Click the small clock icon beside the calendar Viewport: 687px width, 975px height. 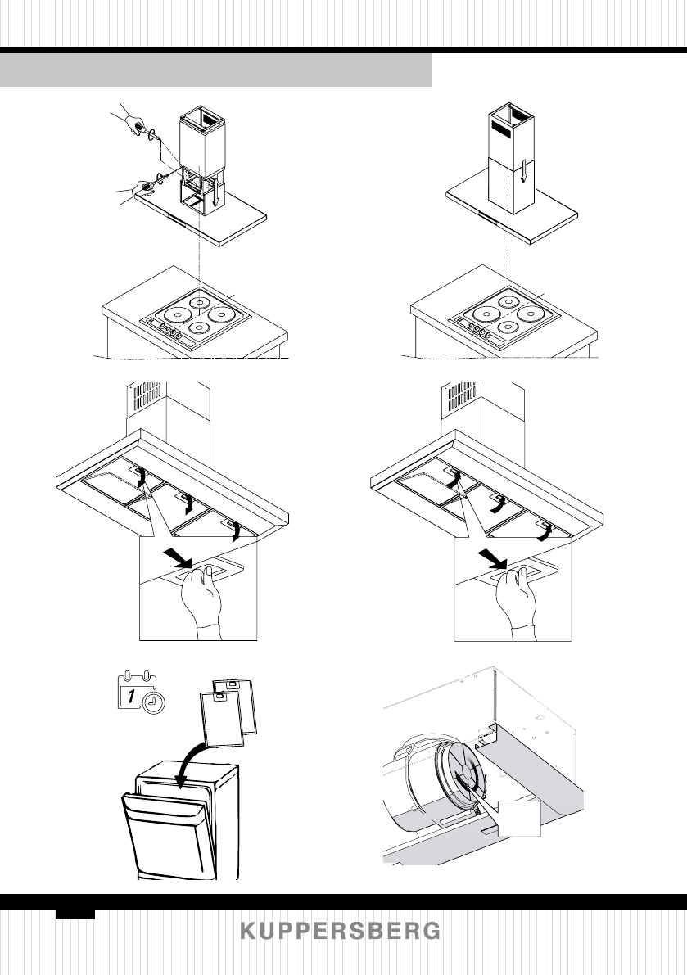152,702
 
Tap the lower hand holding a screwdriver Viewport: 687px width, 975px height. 139,189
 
